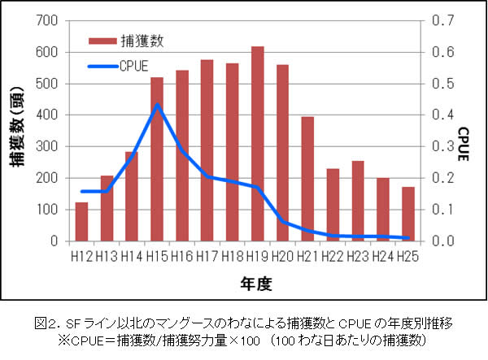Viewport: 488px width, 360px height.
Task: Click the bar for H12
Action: pyautogui.click(x=81, y=221)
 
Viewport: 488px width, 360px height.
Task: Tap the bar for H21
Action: pyautogui.click(x=307, y=179)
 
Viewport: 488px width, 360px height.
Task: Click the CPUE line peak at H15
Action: pyautogui.click(x=157, y=104)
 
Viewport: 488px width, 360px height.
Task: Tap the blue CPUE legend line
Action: pyautogui.click(x=101, y=66)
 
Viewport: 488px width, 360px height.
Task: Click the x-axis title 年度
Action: pyautogui.click(x=244, y=284)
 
